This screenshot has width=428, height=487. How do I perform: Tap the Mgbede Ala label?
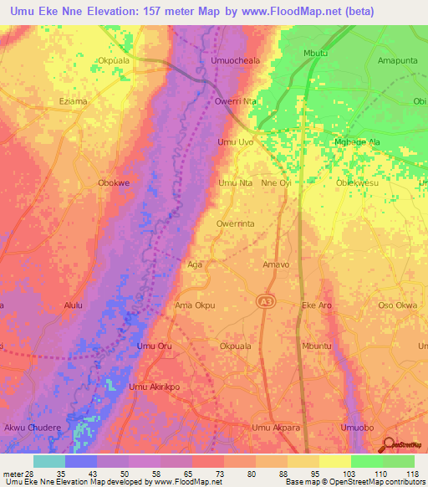(x=357, y=142)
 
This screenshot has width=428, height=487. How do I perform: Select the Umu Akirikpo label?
(x=154, y=387)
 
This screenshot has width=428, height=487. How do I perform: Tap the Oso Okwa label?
(x=397, y=305)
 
